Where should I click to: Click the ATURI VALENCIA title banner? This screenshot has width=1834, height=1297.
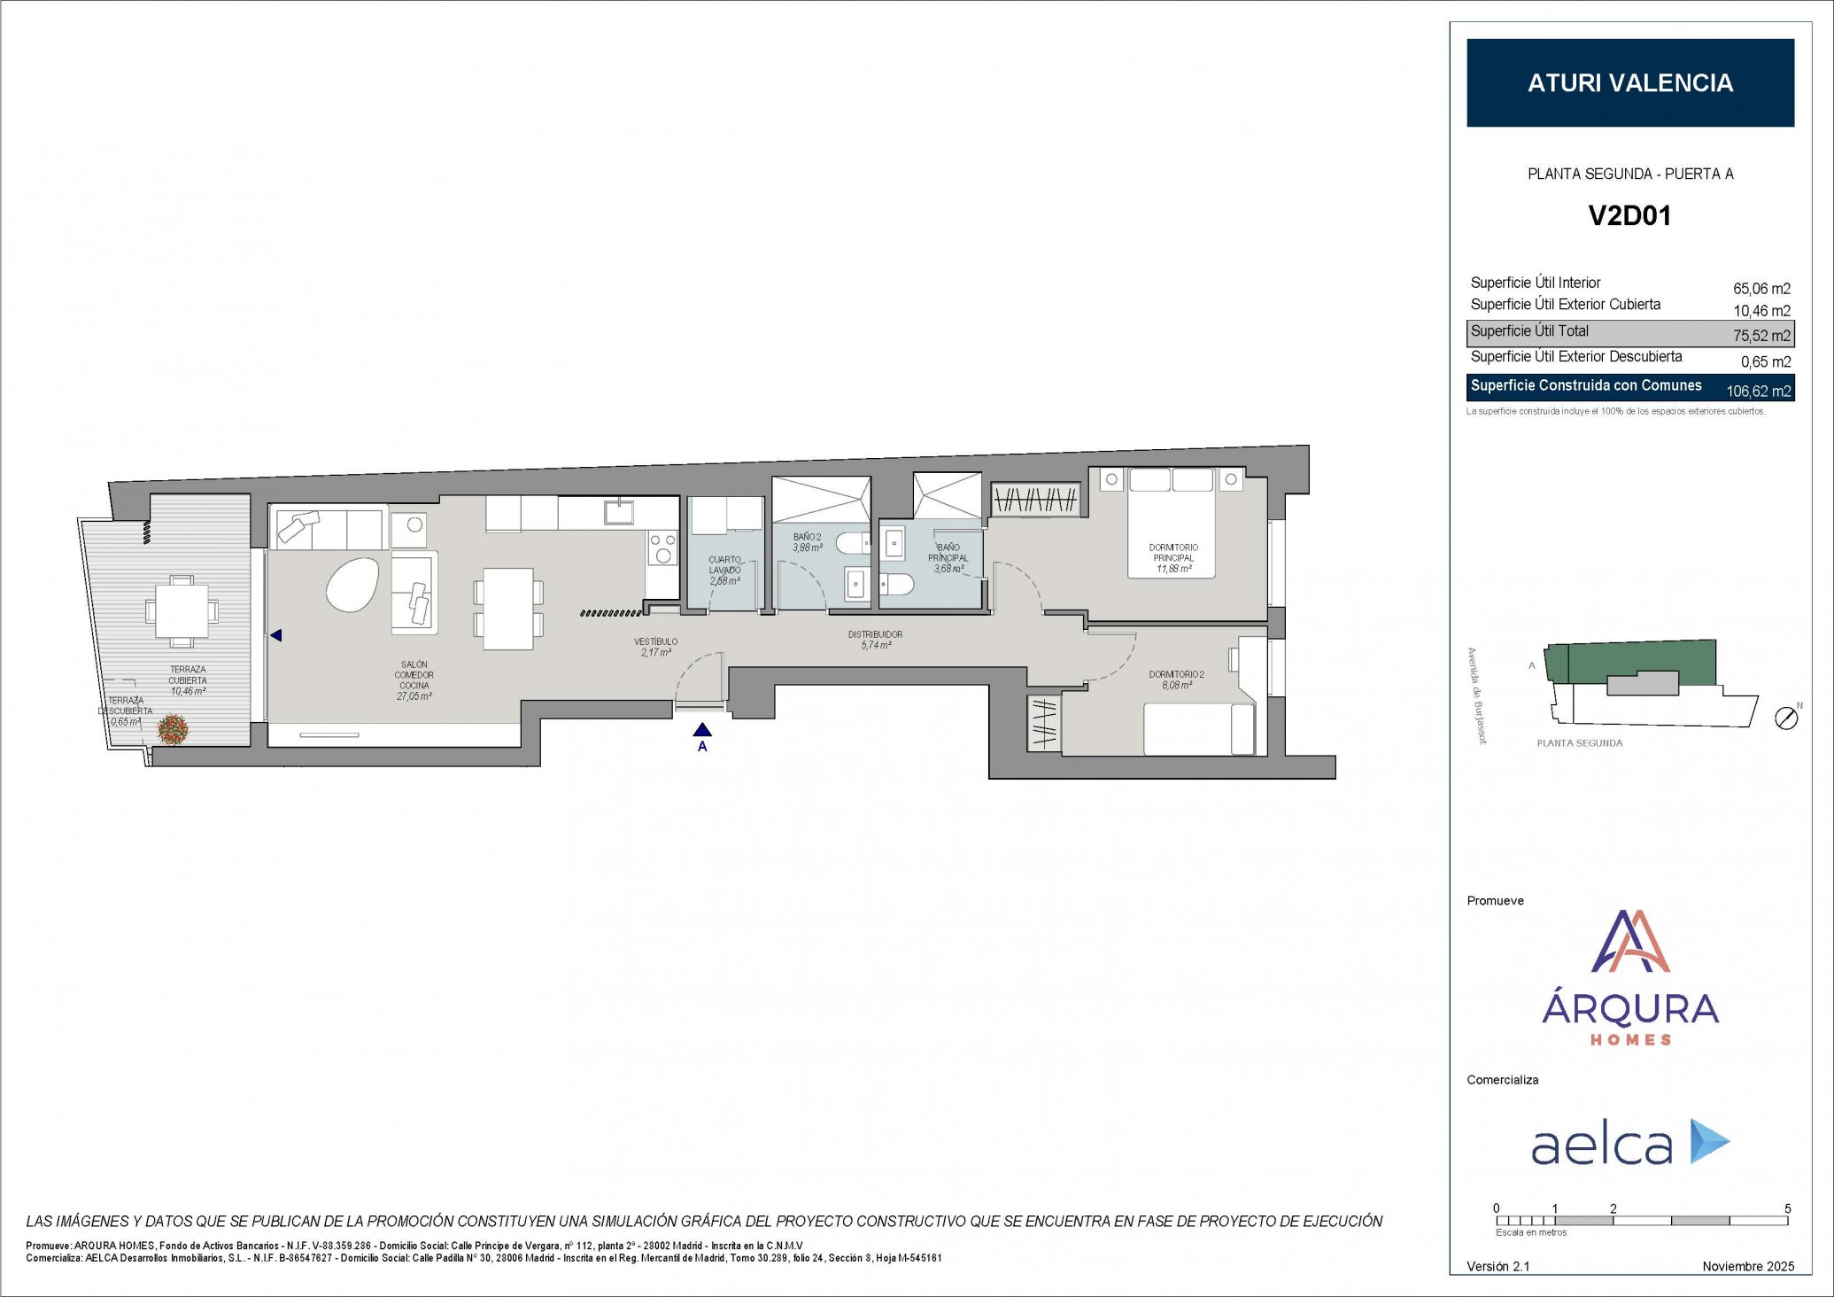(1629, 82)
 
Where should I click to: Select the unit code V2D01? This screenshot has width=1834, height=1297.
(1629, 215)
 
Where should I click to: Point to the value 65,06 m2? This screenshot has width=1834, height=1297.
(1760, 289)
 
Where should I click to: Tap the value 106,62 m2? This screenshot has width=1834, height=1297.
(1758, 391)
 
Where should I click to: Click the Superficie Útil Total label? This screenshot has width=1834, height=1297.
(1529, 331)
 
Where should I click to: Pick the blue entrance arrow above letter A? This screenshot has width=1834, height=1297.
(702, 730)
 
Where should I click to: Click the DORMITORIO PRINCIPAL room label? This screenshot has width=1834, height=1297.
(1173, 553)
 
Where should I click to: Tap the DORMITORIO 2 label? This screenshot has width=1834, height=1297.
(1176, 675)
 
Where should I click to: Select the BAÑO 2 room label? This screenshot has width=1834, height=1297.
(807, 538)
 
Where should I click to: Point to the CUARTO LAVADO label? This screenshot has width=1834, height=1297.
(724, 564)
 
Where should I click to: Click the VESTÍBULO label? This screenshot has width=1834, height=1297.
(655, 641)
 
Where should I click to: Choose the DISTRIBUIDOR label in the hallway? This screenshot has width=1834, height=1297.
(875, 635)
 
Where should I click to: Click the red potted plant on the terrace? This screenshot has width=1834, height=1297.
(173, 729)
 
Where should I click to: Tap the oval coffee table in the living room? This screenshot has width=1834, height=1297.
(352, 584)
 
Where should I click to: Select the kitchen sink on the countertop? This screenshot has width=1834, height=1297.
(618, 511)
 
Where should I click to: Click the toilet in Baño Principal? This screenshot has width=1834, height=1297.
(896, 585)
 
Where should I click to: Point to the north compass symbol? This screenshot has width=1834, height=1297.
(1786, 718)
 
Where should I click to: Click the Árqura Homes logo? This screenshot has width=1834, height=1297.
(1629, 978)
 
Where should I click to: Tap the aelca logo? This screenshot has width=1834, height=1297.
(1629, 1144)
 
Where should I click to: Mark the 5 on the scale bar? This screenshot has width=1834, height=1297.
(1787, 1208)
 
